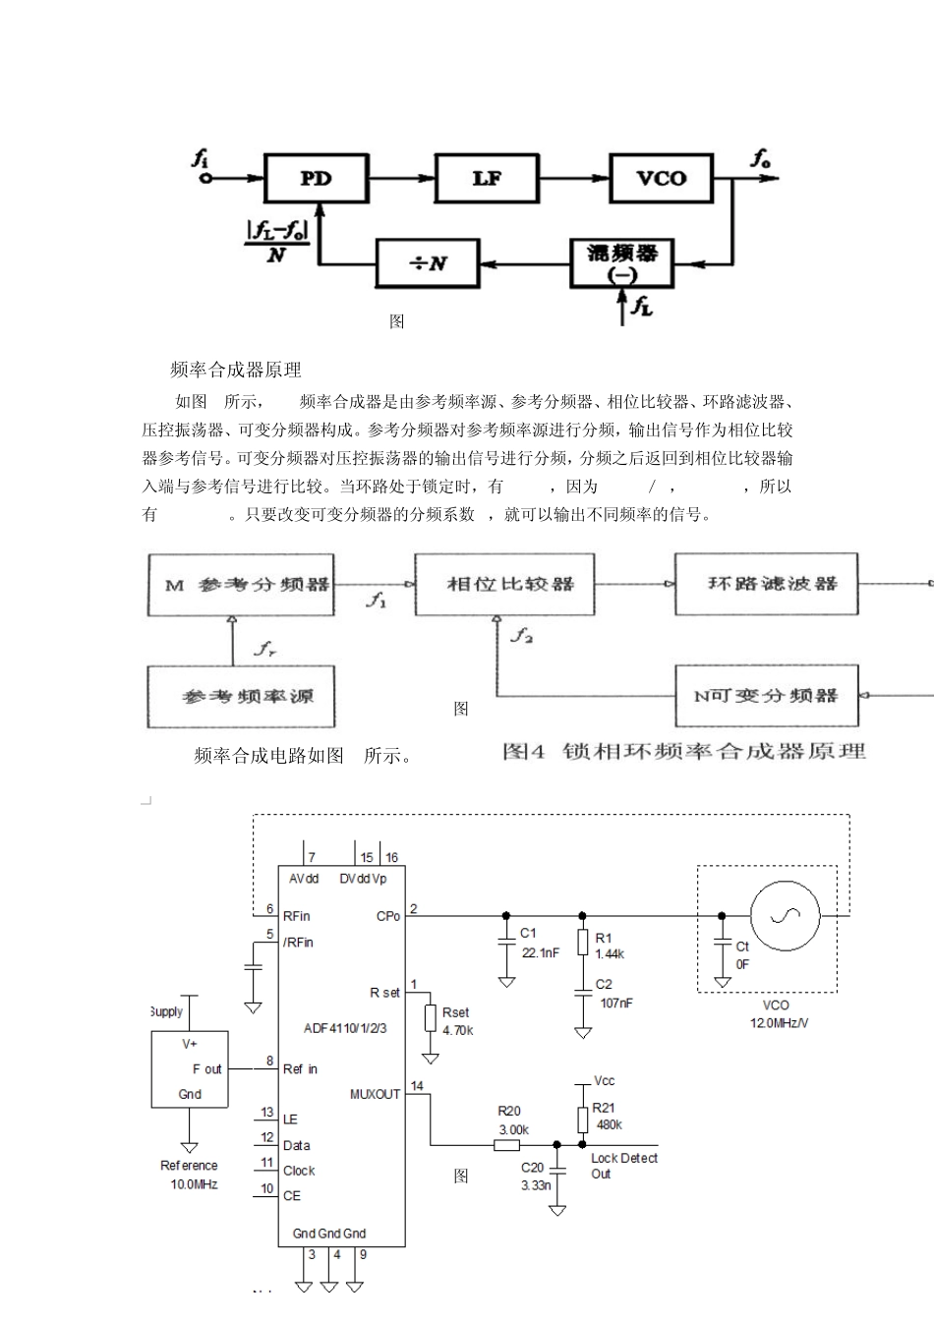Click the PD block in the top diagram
click(316, 179)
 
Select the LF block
click(487, 179)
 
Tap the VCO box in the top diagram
click(661, 179)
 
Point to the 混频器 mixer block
click(621, 261)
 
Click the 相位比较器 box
click(504, 584)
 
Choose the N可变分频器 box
click(766, 696)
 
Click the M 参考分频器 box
click(240, 585)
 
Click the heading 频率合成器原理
click(236, 370)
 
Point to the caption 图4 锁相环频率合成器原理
click(684, 752)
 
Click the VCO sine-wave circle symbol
click(785, 916)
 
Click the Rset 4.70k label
click(457, 1021)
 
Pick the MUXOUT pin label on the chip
click(375, 1094)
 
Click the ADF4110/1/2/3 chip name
click(344, 1029)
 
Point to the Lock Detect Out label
click(623, 1166)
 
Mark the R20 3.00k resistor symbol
click(506, 1144)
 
